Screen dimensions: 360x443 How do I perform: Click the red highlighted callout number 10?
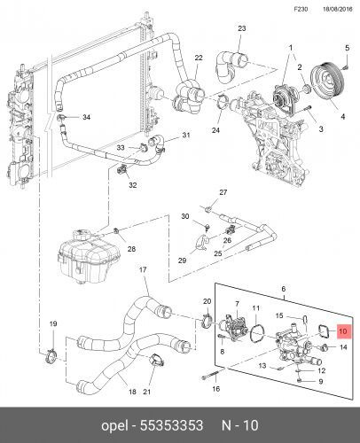tap(343, 331)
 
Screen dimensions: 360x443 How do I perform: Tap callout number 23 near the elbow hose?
tap(242, 28)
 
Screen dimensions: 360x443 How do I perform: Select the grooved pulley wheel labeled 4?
tap(327, 80)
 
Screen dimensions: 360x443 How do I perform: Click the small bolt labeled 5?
tap(346, 67)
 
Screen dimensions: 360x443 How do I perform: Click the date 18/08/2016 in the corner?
tap(338, 9)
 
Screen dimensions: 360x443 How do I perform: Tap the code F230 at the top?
tap(301, 9)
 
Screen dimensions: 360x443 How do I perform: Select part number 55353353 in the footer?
tap(171, 425)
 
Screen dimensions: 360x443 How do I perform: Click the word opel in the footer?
tap(114, 426)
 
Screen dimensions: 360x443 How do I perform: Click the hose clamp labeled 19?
tap(50, 355)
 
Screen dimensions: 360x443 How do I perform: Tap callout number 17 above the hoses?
tap(143, 269)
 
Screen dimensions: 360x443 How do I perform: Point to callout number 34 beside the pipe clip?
tap(86, 117)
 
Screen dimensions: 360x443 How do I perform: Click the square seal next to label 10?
tap(325, 330)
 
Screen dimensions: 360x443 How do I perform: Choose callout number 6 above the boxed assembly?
tap(284, 289)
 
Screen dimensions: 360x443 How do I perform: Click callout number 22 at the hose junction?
tap(199, 58)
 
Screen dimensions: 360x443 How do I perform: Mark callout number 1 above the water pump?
tap(291, 48)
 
